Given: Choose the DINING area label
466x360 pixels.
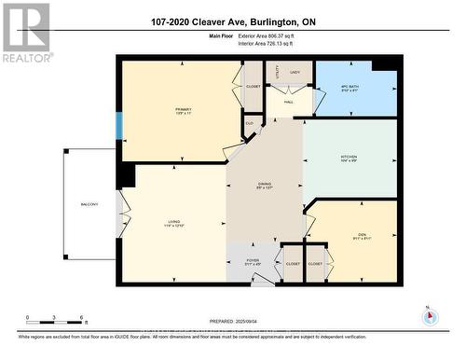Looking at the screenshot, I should pyautogui.click(x=264, y=186).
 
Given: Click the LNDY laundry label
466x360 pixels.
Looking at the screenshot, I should pyautogui.click(x=295, y=72).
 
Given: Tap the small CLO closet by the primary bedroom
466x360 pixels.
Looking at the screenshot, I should pyautogui.click(x=249, y=122).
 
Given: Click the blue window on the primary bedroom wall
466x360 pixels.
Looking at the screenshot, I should pyautogui.click(x=118, y=126).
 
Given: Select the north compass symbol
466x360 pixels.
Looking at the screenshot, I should pyautogui.click(x=429, y=315).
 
